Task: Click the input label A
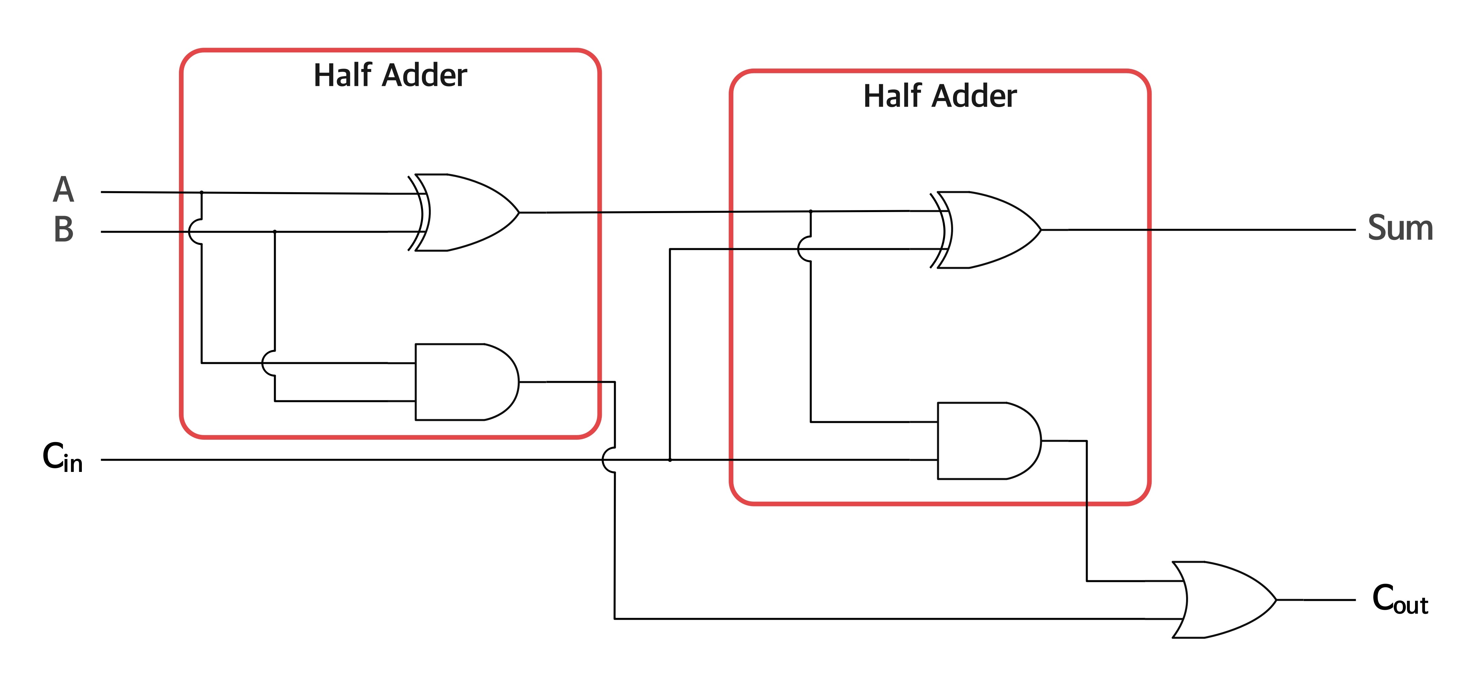pyautogui.click(x=63, y=190)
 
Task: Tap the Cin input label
pyautogui.click(x=62, y=458)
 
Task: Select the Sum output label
pyautogui.click(x=1400, y=228)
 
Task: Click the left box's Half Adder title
pyautogui.click(x=390, y=75)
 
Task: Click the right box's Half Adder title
pyautogui.click(x=940, y=96)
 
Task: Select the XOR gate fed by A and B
pyautogui.click(x=463, y=212)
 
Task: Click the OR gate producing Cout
pyautogui.click(x=1224, y=600)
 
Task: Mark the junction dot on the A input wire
pyautogui.click(x=201, y=192)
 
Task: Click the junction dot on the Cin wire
pyautogui.click(x=669, y=460)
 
